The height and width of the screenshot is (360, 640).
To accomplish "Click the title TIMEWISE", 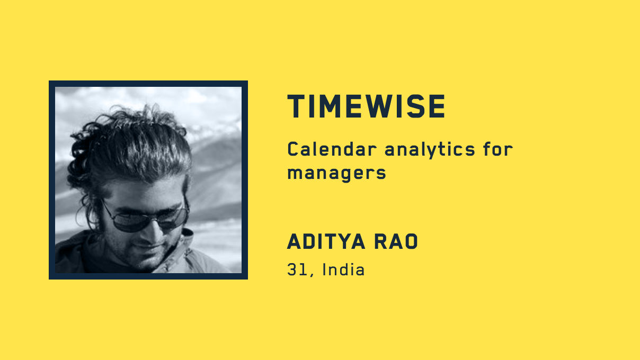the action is tap(366, 106).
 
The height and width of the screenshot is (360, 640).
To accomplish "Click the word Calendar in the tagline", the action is tap(332, 149).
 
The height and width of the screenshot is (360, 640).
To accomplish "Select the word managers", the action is tap(336, 174).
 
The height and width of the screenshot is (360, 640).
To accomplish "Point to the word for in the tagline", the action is tap(498, 149).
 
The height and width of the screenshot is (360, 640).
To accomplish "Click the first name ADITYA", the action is tap(326, 241).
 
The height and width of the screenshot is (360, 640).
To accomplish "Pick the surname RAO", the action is tap(396, 241).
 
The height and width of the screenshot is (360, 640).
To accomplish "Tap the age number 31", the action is tap(297, 270).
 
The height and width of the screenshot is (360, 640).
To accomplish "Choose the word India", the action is tap(343, 269).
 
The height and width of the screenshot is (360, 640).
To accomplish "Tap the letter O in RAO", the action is tap(410, 241).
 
